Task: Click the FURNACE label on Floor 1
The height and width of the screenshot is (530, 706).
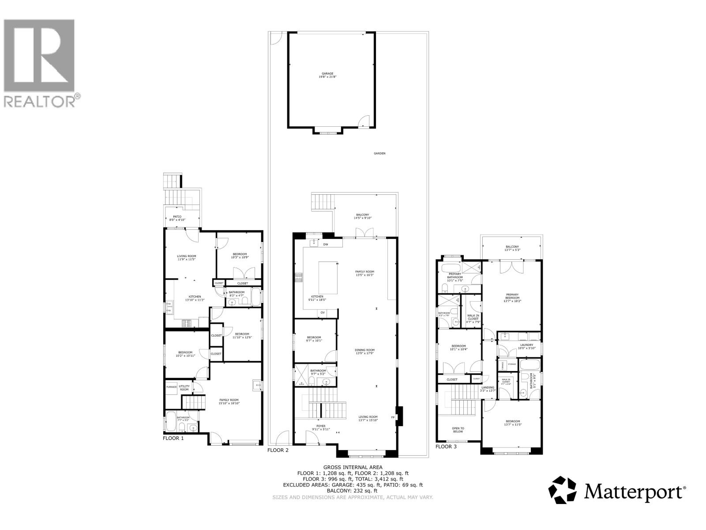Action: click(171, 387)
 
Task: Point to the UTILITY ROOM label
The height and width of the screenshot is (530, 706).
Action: click(184, 388)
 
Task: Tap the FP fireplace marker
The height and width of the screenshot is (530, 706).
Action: click(393, 417)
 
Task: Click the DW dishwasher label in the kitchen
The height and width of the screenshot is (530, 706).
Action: click(326, 244)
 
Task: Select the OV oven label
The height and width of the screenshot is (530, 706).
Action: click(323, 313)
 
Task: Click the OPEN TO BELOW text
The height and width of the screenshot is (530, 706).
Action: click(458, 429)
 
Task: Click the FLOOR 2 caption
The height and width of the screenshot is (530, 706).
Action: click(278, 450)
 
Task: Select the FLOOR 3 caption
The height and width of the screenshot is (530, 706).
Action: click(446, 447)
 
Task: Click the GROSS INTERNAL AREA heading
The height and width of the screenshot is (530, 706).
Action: click(353, 467)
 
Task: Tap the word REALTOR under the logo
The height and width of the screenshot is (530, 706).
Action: click(40, 101)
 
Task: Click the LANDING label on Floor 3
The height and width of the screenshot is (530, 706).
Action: click(488, 387)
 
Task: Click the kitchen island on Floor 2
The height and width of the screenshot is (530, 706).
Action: click(328, 278)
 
